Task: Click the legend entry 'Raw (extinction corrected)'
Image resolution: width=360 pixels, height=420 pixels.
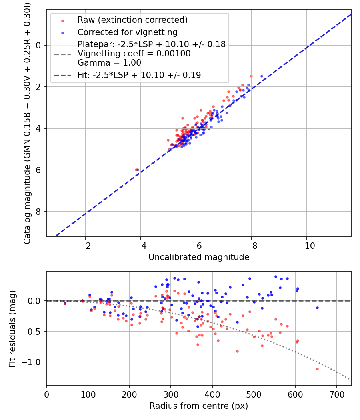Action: [x=132, y=20]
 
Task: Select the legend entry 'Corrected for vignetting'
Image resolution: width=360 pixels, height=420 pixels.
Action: [x=128, y=32]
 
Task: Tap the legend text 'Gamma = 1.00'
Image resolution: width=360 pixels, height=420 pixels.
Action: [x=109, y=63]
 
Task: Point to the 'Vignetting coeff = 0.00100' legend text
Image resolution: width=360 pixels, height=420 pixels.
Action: [x=134, y=54]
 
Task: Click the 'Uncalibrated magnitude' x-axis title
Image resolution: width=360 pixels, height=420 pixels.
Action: [x=199, y=257]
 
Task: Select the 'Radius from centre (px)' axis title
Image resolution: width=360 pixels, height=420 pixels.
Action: [x=199, y=406]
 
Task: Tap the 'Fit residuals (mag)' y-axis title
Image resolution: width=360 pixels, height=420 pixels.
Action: [x=12, y=329]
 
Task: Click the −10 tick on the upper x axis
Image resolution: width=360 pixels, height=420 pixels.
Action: [x=306, y=246]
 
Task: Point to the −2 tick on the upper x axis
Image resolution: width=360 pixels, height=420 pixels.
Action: [x=85, y=246]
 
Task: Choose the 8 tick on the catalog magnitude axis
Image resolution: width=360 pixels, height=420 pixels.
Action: [x=38, y=212]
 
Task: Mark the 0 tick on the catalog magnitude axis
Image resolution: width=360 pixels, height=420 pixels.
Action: [x=38, y=45]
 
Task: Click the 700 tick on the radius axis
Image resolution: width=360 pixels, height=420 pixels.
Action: [x=337, y=394]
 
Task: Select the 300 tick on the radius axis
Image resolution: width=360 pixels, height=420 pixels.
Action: [x=171, y=394]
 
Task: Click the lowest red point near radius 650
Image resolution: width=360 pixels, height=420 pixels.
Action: [x=318, y=369]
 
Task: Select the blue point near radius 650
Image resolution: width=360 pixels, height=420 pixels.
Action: [x=318, y=308]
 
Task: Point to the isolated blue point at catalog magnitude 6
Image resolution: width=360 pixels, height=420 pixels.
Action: [x=138, y=170]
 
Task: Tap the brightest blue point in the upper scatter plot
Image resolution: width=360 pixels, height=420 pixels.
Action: [x=262, y=76]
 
